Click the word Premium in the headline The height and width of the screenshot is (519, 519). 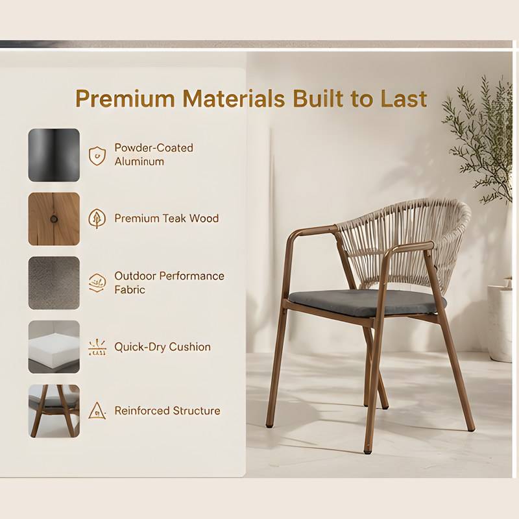[x=125, y=99]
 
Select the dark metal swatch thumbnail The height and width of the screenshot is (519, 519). [x=54, y=155]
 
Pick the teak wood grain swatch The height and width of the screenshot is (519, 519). [x=54, y=219]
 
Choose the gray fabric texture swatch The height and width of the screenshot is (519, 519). [x=54, y=283]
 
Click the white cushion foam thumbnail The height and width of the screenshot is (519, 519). [x=54, y=346]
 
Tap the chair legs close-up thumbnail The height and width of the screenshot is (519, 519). [x=54, y=411]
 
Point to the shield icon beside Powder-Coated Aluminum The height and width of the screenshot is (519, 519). [x=97, y=156]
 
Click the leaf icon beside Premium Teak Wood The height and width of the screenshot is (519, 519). [x=97, y=219]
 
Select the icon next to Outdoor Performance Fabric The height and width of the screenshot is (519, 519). [x=97, y=283]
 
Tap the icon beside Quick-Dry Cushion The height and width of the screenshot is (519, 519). [x=97, y=347]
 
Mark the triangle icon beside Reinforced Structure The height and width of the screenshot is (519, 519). [x=97, y=411]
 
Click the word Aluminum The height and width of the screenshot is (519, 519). [x=139, y=162]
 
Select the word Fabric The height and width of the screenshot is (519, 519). [x=130, y=289]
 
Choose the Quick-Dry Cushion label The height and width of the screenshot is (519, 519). [x=163, y=347]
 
